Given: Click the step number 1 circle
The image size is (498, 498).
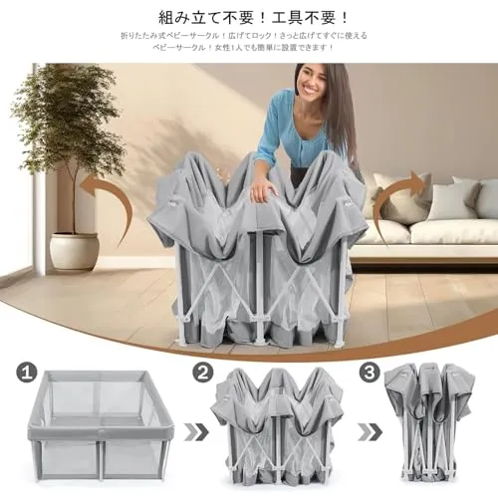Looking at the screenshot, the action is [x=27, y=373].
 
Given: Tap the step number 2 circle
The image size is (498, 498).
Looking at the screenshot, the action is [x=204, y=373].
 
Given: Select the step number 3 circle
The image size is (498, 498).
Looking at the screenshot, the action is [x=370, y=373].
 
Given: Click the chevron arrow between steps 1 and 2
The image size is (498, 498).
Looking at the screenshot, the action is [x=196, y=432].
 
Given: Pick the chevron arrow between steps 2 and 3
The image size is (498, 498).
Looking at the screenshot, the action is [x=371, y=432].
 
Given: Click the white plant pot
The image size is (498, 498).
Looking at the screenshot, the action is [x=75, y=250].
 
